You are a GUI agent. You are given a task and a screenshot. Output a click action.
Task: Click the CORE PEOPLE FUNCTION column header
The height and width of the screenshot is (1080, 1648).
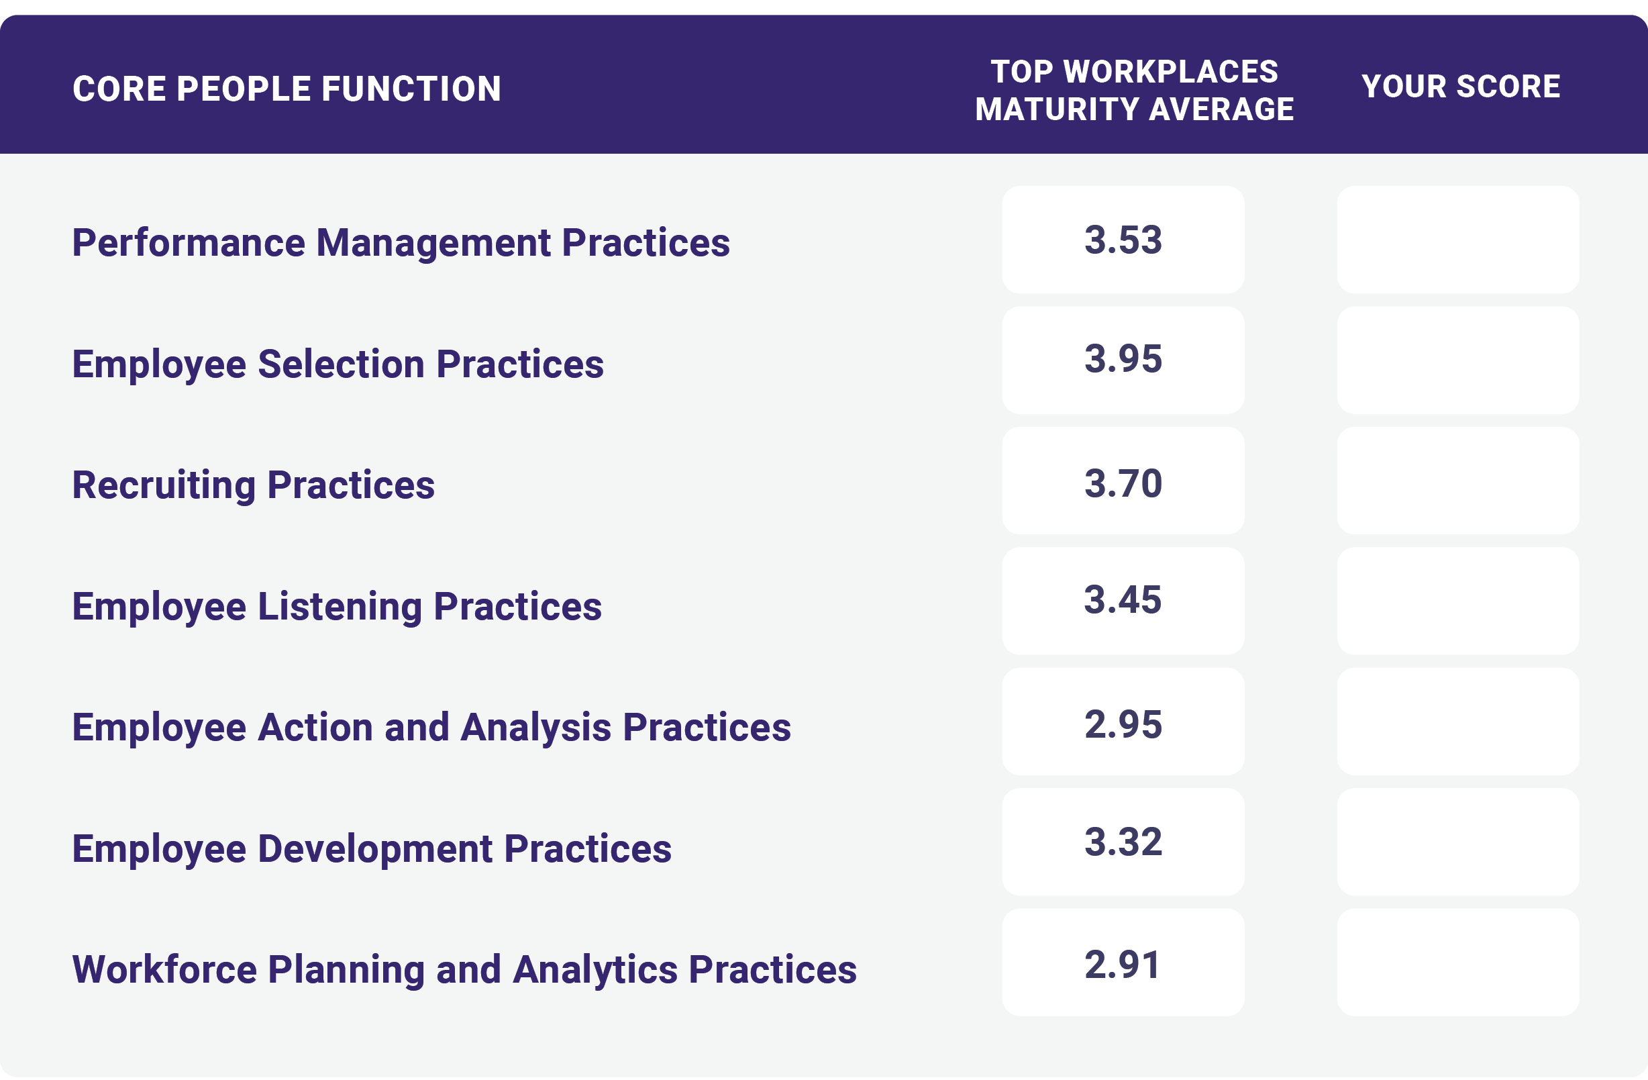pyautogui.click(x=287, y=89)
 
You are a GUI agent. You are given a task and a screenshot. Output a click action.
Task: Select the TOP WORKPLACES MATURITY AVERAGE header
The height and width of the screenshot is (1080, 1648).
pyautogui.click(x=1134, y=91)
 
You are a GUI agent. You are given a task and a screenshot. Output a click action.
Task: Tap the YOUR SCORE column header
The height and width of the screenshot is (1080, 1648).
pyautogui.click(x=1460, y=87)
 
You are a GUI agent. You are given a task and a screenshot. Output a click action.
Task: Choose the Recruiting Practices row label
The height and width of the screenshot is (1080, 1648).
pyautogui.click(x=254, y=485)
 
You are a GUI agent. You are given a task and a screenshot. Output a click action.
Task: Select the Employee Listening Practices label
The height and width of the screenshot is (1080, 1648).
pyautogui.click(x=338, y=607)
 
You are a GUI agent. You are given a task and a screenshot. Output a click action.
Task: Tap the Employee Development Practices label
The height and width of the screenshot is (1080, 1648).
pyautogui.click(x=372, y=850)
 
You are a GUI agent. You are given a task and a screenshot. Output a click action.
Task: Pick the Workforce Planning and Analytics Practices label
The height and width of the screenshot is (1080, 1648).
pyautogui.click(x=464, y=970)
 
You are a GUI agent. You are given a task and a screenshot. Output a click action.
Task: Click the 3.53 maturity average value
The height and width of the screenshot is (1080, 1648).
pyautogui.click(x=1123, y=240)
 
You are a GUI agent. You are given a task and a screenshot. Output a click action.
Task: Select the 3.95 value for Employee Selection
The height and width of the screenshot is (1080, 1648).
pyautogui.click(x=1123, y=360)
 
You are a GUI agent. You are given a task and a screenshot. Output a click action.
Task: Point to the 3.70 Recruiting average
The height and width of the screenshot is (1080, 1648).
pyautogui.click(x=1123, y=483)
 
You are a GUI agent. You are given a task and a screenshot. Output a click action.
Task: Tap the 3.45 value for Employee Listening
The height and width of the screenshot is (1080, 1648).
pyautogui.click(x=1123, y=600)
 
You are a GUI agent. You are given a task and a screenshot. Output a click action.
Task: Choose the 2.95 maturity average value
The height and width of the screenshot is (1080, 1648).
pyautogui.click(x=1123, y=725)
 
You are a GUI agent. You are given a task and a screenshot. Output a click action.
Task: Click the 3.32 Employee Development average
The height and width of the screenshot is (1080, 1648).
pyautogui.click(x=1123, y=842)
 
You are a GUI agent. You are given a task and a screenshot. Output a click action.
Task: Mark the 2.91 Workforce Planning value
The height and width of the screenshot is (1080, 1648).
pyautogui.click(x=1123, y=965)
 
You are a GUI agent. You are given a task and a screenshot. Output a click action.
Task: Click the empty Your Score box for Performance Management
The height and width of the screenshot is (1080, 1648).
pyautogui.click(x=1458, y=240)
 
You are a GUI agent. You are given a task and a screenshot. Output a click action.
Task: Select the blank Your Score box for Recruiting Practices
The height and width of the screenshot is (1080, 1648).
pyautogui.click(x=1458, y=481)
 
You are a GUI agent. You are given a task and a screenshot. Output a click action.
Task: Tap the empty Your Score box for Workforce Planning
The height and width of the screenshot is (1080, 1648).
pyautogui.click(x=1458, y=963)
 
